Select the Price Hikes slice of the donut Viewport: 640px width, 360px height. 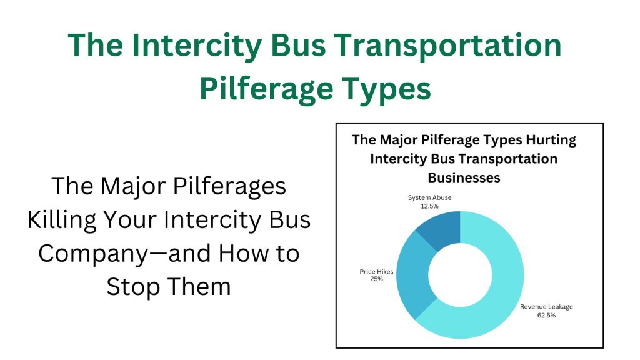click(x=413, y=274)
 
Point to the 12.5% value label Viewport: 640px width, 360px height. click(x=430, y=206)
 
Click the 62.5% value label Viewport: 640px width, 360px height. click(x=546, y=316)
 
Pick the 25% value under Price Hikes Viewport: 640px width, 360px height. click(x=376, y=279)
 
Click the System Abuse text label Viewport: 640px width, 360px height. click(x=430, y=197)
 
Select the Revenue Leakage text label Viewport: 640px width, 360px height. click(x=546, y=307)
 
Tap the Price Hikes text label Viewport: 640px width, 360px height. click(x=376, y=271)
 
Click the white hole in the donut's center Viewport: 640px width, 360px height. click(x=461, y=275)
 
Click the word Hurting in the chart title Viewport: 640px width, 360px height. click(x=551, y=140)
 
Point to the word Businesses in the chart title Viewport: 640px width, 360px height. click(x=464, y=177)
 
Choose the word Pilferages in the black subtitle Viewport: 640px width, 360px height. click(x=229, y=186)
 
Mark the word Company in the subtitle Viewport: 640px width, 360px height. click(x=94, y=254)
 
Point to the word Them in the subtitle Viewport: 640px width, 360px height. click(x=199, y=286)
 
